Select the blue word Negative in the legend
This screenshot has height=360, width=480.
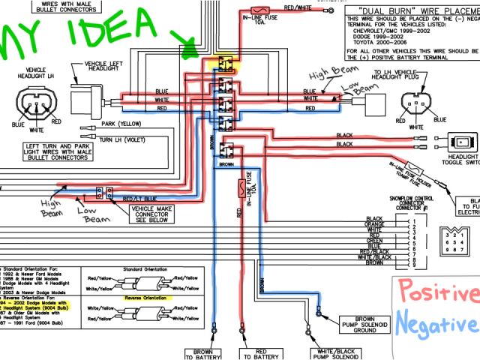click(x=438, y=325)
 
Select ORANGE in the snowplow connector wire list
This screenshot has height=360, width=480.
click(x=376, y=223)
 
